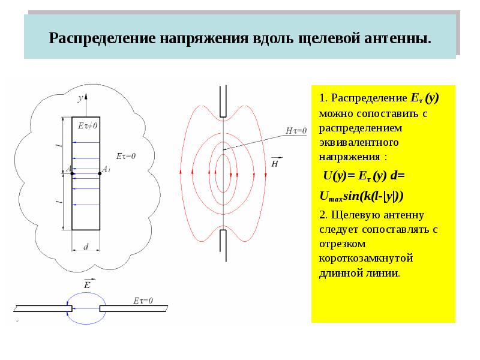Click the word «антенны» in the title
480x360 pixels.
(398, 38)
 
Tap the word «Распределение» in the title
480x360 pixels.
(102, 39)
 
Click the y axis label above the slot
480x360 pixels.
(80, 98)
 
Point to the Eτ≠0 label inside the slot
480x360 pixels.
(88, 125)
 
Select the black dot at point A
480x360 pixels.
(72, 173)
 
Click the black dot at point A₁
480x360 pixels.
(100, 173)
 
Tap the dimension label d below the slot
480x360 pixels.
(86, 247)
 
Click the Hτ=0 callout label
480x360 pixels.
(296, 131)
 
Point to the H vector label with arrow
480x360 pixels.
(275, 162)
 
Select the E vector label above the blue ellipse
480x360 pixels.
(88, 284)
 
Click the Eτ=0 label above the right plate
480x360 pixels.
(143, 301)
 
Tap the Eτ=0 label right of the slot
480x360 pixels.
(126, 156)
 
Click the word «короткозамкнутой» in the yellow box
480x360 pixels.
(366, 259)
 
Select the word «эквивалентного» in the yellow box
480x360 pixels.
(359, 143)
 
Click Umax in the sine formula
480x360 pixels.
(331, 197)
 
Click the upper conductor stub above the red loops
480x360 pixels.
(223, 101)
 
